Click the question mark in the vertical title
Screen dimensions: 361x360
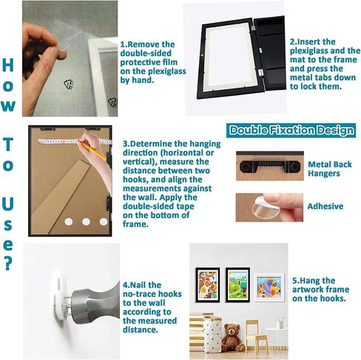(x=8, y=262)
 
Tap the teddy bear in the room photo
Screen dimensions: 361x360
(x=232, y=338)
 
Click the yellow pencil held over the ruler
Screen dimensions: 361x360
(x=94, y=150)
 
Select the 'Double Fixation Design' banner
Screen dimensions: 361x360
(x=291, y=130)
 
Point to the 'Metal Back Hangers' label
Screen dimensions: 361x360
(x=330, y=169)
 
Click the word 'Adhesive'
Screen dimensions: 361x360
(x=325, y=206)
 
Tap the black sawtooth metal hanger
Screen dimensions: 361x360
(x=270, y=166)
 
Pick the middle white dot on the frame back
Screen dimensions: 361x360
(x=86, y=222)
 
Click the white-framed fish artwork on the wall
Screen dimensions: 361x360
(x=269, y=288)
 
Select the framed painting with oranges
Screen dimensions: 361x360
(x=208, y=285)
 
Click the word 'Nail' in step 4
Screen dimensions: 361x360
(x=139, y=285)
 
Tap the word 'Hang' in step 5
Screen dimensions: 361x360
(x=309, y=280)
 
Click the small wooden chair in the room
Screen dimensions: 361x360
(x=257, y=335)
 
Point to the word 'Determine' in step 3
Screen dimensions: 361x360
(x=149, y=143)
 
